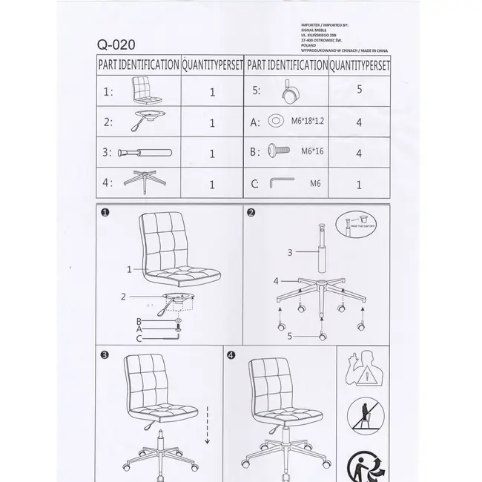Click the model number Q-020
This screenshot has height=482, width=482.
[x=115, y=44]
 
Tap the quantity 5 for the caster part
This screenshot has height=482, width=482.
[x=359, y=90]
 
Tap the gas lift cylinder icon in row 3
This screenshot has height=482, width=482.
[x=145, y=153]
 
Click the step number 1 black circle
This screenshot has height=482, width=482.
[x=105, y=214]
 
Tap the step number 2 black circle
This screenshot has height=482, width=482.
[x=251, y=214]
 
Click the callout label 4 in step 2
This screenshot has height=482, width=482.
[x=276, y=282]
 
